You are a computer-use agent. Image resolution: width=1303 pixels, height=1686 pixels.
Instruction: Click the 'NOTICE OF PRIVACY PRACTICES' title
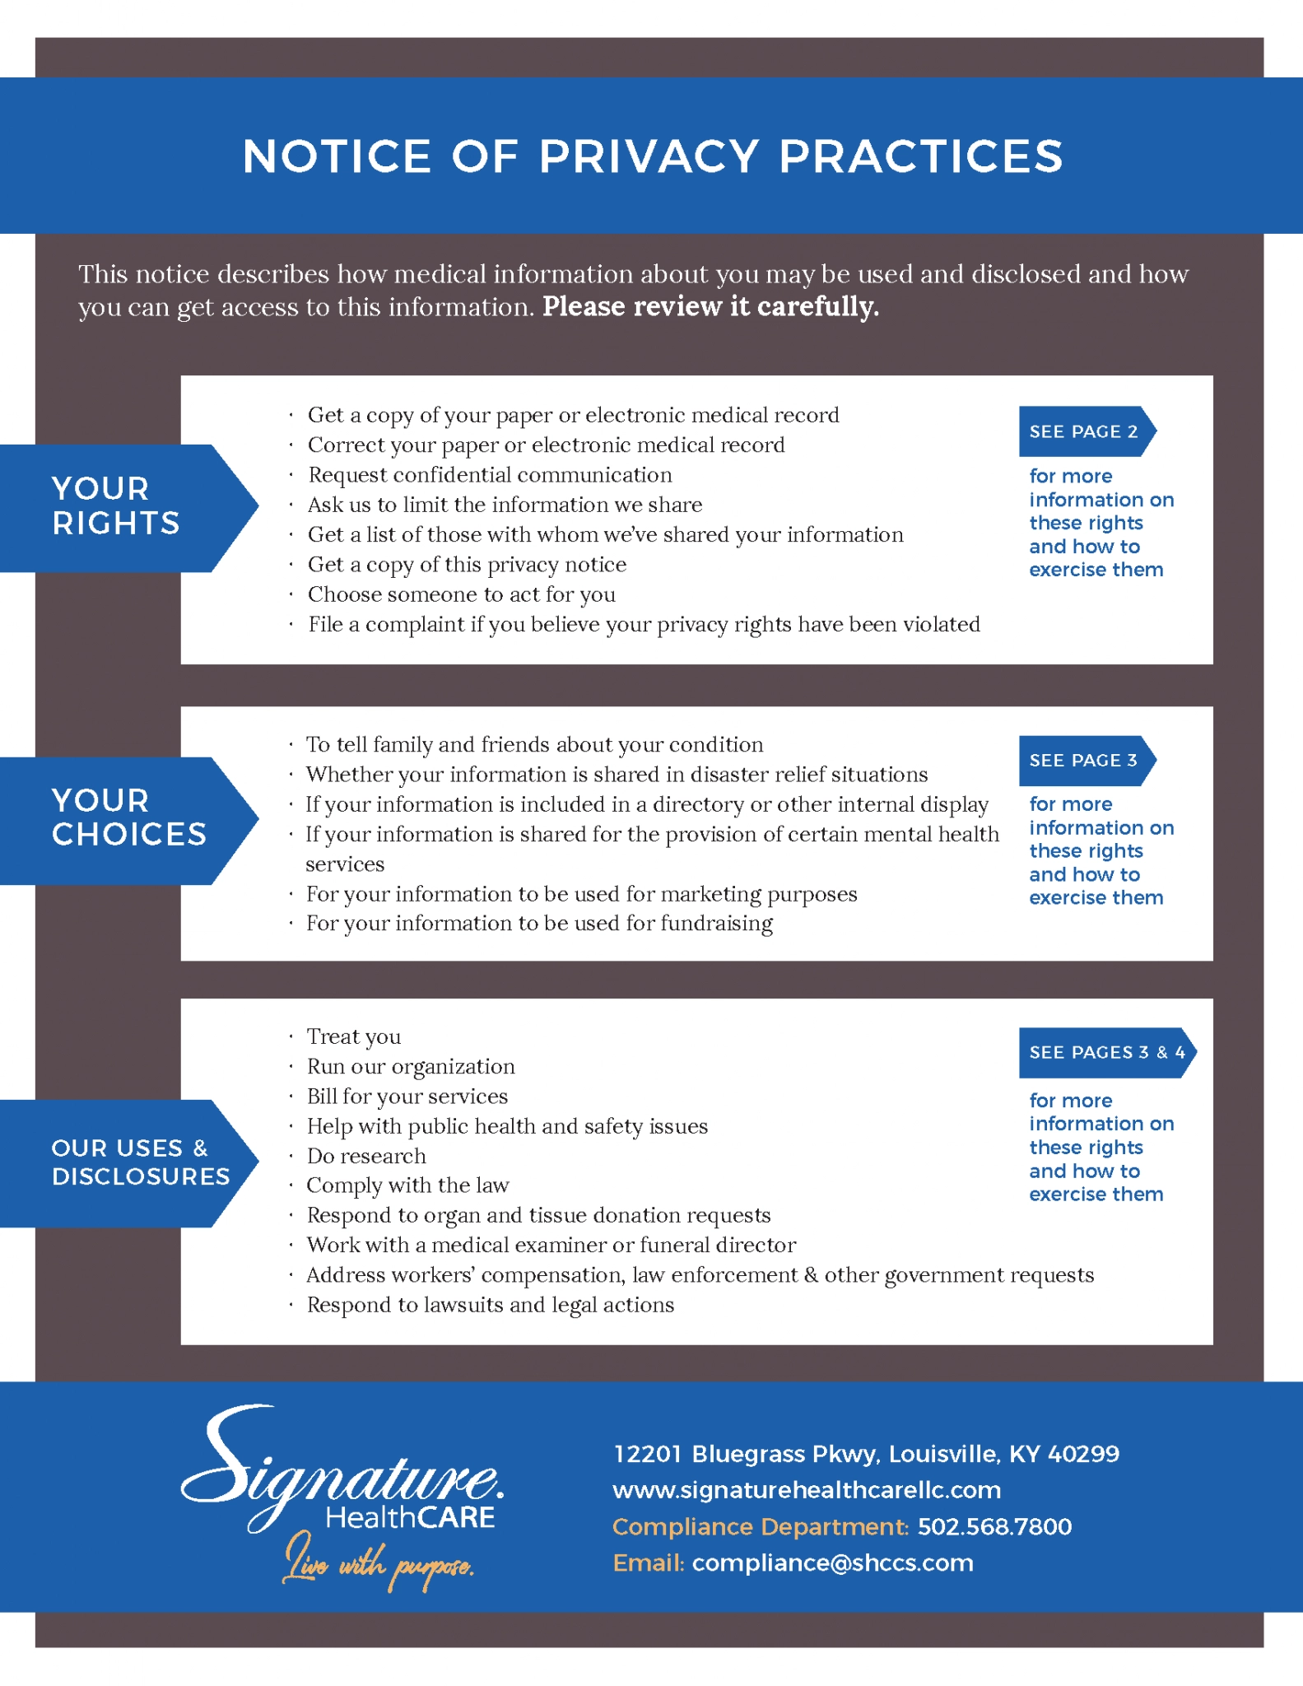click(652, 156)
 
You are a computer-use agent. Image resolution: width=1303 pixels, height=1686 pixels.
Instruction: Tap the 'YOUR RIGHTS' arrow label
click(116, 506)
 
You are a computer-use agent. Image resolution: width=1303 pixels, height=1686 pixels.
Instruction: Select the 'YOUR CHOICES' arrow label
click(128, 818)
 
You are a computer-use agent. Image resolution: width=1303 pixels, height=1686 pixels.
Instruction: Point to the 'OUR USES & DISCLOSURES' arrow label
click(140, 1162)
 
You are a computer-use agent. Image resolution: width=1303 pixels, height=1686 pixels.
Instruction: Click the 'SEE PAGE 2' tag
click(1083, 431)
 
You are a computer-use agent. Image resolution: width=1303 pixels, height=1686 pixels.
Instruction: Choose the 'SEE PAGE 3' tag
click(1083, 760)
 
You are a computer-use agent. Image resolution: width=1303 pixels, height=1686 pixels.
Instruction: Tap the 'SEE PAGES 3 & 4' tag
click(1106, 1052)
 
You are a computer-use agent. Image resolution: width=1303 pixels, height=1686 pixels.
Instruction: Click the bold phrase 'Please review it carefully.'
click(710, 306)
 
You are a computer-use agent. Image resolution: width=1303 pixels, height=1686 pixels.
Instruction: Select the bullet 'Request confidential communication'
click(490, 475)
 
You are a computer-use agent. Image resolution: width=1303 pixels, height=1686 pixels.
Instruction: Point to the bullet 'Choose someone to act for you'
click(461, 594)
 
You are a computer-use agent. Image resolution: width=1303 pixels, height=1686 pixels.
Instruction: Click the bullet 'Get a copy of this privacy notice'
click(467, 565)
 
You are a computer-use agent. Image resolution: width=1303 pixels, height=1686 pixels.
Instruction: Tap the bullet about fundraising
click(539, 924)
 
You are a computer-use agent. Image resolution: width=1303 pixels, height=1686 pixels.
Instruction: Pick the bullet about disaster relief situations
click(617, 775)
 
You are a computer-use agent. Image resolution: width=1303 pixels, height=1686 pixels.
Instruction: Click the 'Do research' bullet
click(366, 1156)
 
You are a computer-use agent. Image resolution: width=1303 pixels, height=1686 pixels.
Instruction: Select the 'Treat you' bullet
click(354, 1036)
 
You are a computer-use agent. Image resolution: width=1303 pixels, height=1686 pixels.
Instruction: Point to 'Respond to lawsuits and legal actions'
click(491, 1305)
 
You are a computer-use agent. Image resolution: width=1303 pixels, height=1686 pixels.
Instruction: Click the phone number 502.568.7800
click(994, 1526)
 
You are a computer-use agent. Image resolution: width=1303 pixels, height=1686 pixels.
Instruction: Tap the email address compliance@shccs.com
click(832, 1563)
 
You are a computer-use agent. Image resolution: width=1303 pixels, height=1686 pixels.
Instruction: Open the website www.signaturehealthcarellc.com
click(807, 1490)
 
